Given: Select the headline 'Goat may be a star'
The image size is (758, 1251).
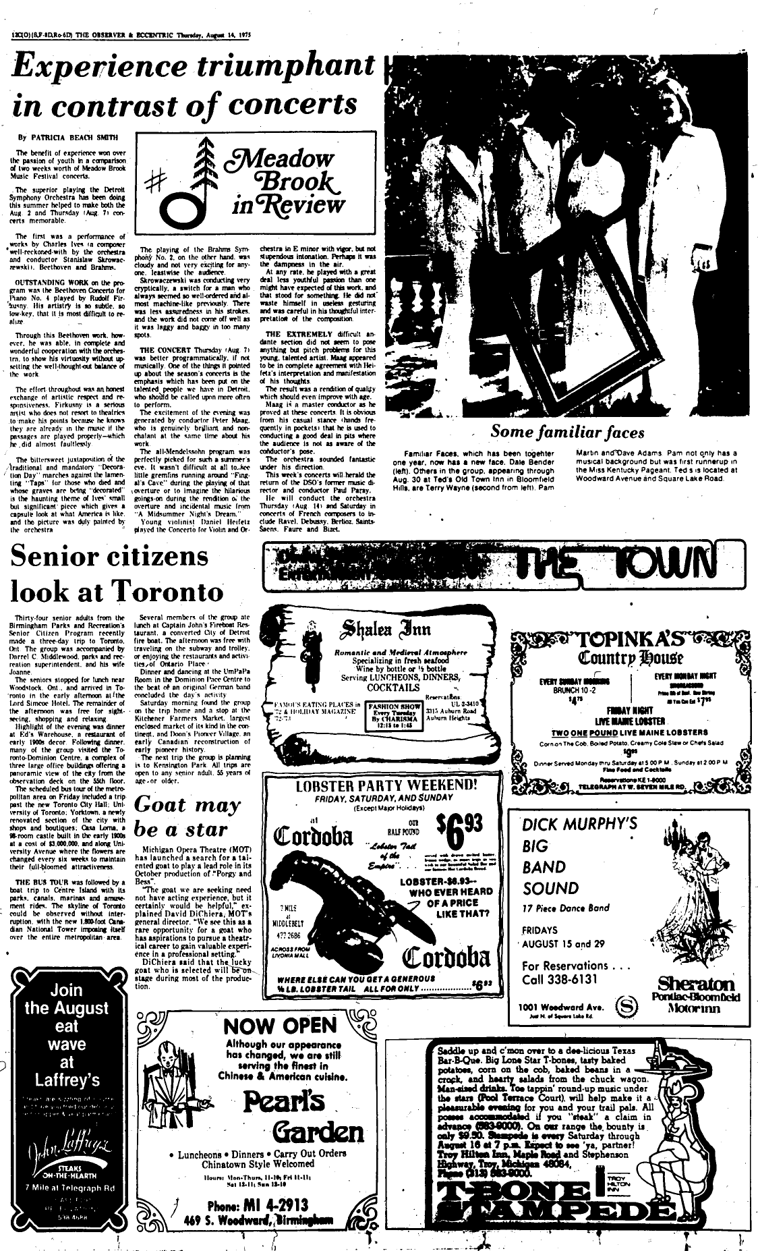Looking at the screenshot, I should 187,816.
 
